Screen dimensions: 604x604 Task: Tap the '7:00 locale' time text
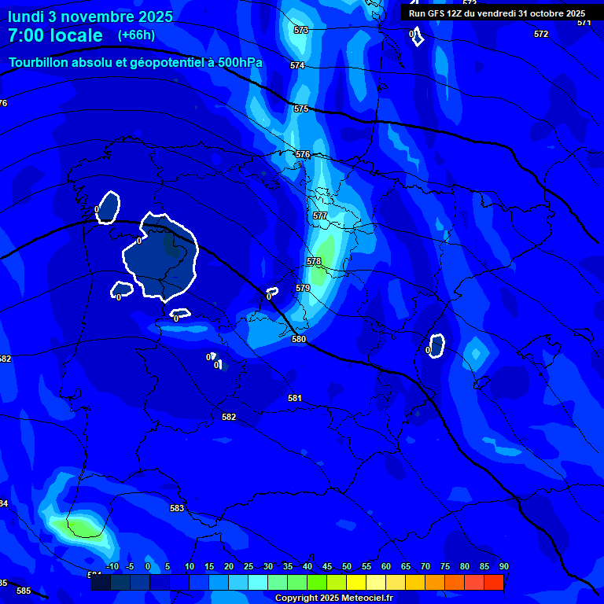point(55,35)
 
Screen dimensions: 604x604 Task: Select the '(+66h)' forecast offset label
point(136,35)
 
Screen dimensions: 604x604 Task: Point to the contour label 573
point(300,30)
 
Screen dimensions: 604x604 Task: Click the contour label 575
point(301,109)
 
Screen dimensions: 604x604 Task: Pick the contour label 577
point(319,215)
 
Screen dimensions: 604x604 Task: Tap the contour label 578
point(314,261)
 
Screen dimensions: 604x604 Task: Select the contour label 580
point(299,339)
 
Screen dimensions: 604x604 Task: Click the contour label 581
point(295,398)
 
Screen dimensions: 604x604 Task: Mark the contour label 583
point(177,508)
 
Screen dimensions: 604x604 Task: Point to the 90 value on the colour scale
point(503,566)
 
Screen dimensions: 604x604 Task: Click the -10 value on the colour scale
point(112,566)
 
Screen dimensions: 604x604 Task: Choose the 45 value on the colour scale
point(326,566)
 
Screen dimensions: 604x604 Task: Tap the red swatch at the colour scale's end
point(493,582)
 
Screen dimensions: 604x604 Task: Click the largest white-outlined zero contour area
point(161,256)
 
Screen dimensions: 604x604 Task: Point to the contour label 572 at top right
point(541,34)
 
